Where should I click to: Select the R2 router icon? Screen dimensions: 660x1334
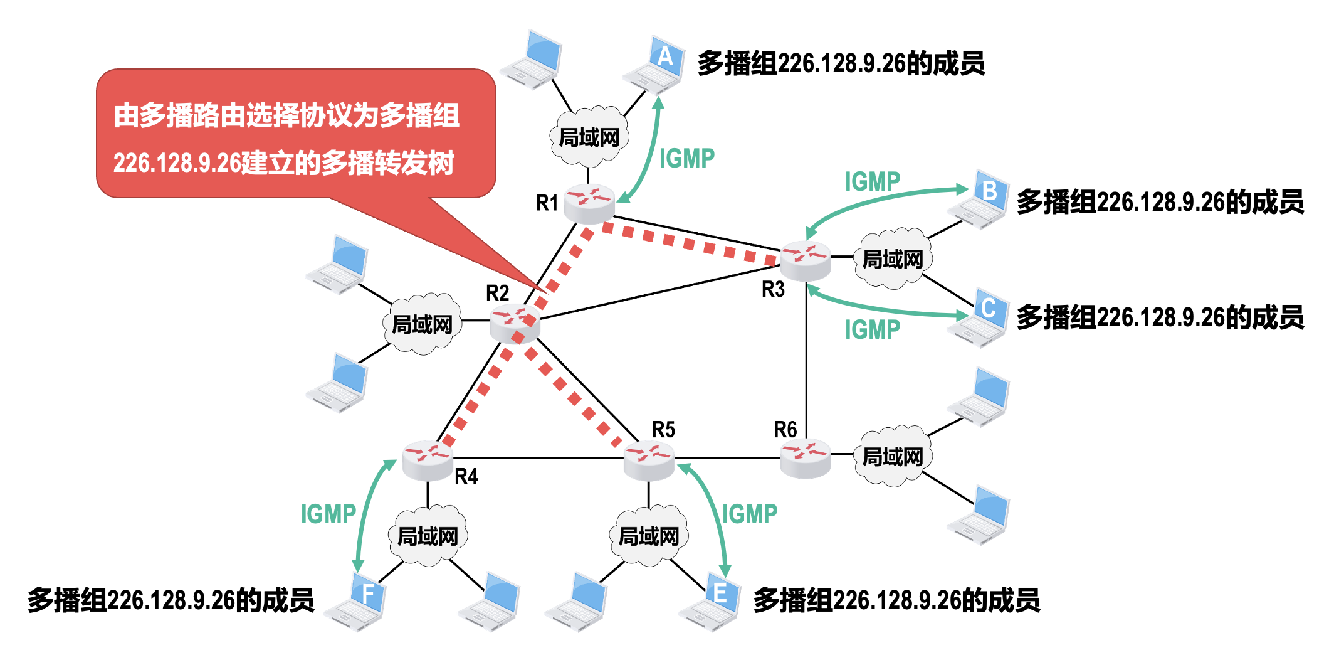click(x=514, y=322)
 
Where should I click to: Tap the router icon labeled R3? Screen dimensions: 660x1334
click(x=806, y=260)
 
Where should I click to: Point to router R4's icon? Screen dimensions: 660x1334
click(x=428, y=459)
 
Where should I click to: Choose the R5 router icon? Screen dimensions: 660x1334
click(x=649, y=459)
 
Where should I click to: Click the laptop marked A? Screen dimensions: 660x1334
click(x=655, y=65)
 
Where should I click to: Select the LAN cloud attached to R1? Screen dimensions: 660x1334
click(x=589, y=137)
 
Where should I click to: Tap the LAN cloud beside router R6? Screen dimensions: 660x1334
click(x=893, y=457)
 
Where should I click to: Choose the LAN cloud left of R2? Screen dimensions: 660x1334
click(x=422, y=324)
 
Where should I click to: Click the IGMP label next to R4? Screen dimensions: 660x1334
click(x=328, y=514)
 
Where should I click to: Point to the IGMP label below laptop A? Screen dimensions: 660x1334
click(x=686, y=159)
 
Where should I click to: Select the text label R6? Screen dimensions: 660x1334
click(x=785, y=430)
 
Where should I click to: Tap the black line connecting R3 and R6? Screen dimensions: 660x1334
click(x=806, y=358)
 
